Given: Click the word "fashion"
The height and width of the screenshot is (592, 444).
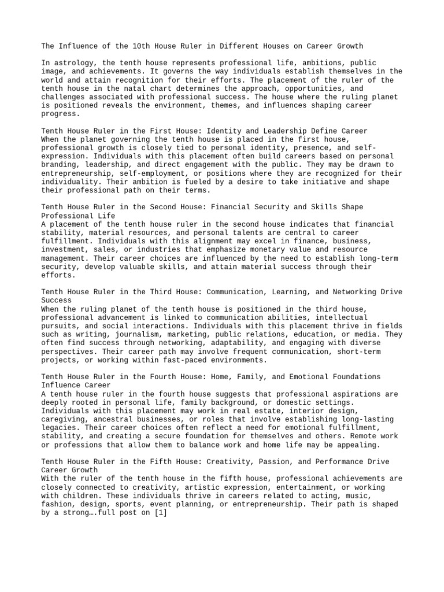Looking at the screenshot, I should [x=58, y=504].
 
